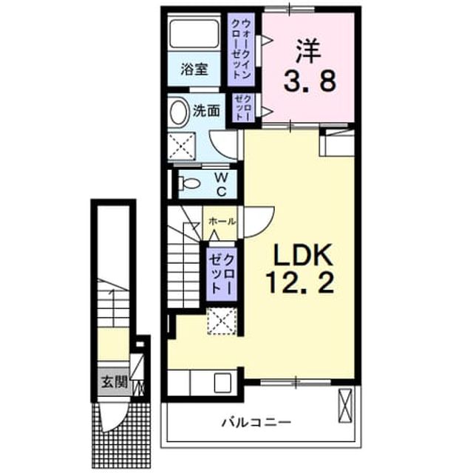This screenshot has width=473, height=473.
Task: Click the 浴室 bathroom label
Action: [x=194, y=69]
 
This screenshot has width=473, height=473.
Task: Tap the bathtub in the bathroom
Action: [x=194, y=33]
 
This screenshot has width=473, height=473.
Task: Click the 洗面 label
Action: [x=206, y=112]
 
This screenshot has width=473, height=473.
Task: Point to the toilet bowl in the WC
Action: [x=189, y=183]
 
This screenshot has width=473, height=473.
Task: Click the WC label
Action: [x=222, y=184]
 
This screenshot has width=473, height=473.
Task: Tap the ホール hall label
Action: [x=222, y=222]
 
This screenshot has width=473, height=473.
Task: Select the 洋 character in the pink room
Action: [x=308, y=51]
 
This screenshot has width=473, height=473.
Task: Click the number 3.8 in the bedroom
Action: [x=310, y=81]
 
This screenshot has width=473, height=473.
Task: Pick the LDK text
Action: [x=302, y=254]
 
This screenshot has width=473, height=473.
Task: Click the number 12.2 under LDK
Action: [x=300, y=282]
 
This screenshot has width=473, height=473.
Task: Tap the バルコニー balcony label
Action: [x=256, y=422]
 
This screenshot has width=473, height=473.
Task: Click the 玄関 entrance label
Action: [x=115, y=382]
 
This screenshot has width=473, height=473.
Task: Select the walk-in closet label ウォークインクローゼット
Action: [x=242, y=49]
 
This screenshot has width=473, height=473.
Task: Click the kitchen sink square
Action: [x=222, y=383]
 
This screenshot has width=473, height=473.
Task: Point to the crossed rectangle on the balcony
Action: [x=345, y=406]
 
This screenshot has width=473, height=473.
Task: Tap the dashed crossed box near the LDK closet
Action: [x=222, y=321]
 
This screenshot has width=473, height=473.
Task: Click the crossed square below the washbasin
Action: [x=181, y=146]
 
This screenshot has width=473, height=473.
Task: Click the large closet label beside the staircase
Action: [x=222, y=274]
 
